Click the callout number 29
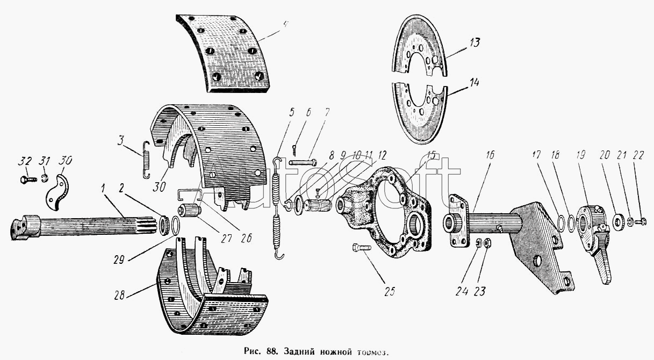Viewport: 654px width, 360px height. [120, 258]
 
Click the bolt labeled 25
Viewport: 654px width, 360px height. [360, 248]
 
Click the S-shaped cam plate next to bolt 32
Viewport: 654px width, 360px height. [56, 192]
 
